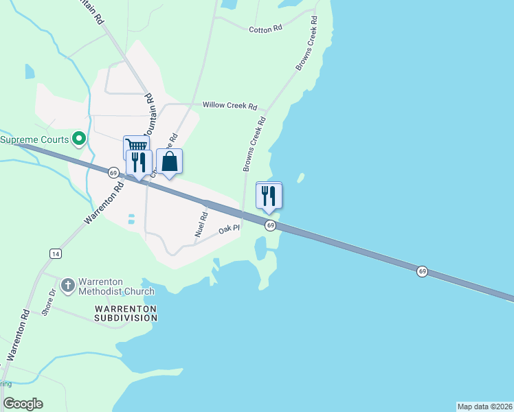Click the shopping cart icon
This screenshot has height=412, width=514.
pyautogui.click(x=136, y=145)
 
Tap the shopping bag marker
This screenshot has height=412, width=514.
pyautogui.click(x=170, y=162)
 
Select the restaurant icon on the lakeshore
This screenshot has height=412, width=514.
pyautogui.click(x=269, y=195)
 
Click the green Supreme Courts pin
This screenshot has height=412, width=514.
pyautogui.click(x=78, y=139)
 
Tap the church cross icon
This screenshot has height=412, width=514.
pyautogui.click(x=68, y=285)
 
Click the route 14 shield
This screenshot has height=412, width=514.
pyautogui.click(x=55, y=253)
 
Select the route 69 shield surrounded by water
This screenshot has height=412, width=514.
pyautogui.click(x=422, y=272)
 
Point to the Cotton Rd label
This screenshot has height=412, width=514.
pyautogui.click(x=265, y=30)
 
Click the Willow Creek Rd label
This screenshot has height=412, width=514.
pyautogui.click(x=230, y=106)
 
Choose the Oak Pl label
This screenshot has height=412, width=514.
pyautogui.click(x=229, y=229)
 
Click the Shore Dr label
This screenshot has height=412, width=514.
pyautogui.click(x=47, y=302)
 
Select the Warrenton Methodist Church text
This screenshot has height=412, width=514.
pyautogui.click(x=116, y=286)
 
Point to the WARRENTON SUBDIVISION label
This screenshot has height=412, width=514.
pyautogui.click(x=126, y=313)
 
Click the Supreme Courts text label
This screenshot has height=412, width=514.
pyautogui.click(x=34, y=139)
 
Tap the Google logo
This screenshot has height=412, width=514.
pyautogui.click(x=23, y=404)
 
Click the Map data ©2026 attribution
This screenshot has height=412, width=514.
pyautogui.click(x=484, y=406)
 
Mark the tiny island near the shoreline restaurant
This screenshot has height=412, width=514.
pyautogui.click(x=300, y=177)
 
